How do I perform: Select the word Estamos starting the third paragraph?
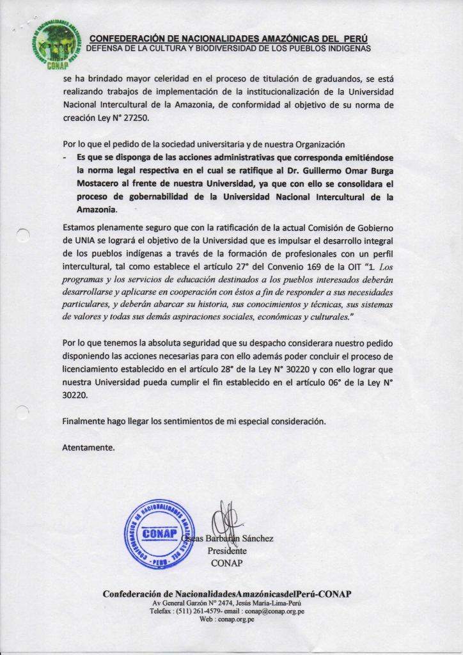point(81,227)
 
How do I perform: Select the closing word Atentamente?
point(88,448)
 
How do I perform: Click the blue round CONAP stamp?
point(157,535)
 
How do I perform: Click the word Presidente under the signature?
point(227,551)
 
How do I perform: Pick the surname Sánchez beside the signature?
point(257,539)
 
